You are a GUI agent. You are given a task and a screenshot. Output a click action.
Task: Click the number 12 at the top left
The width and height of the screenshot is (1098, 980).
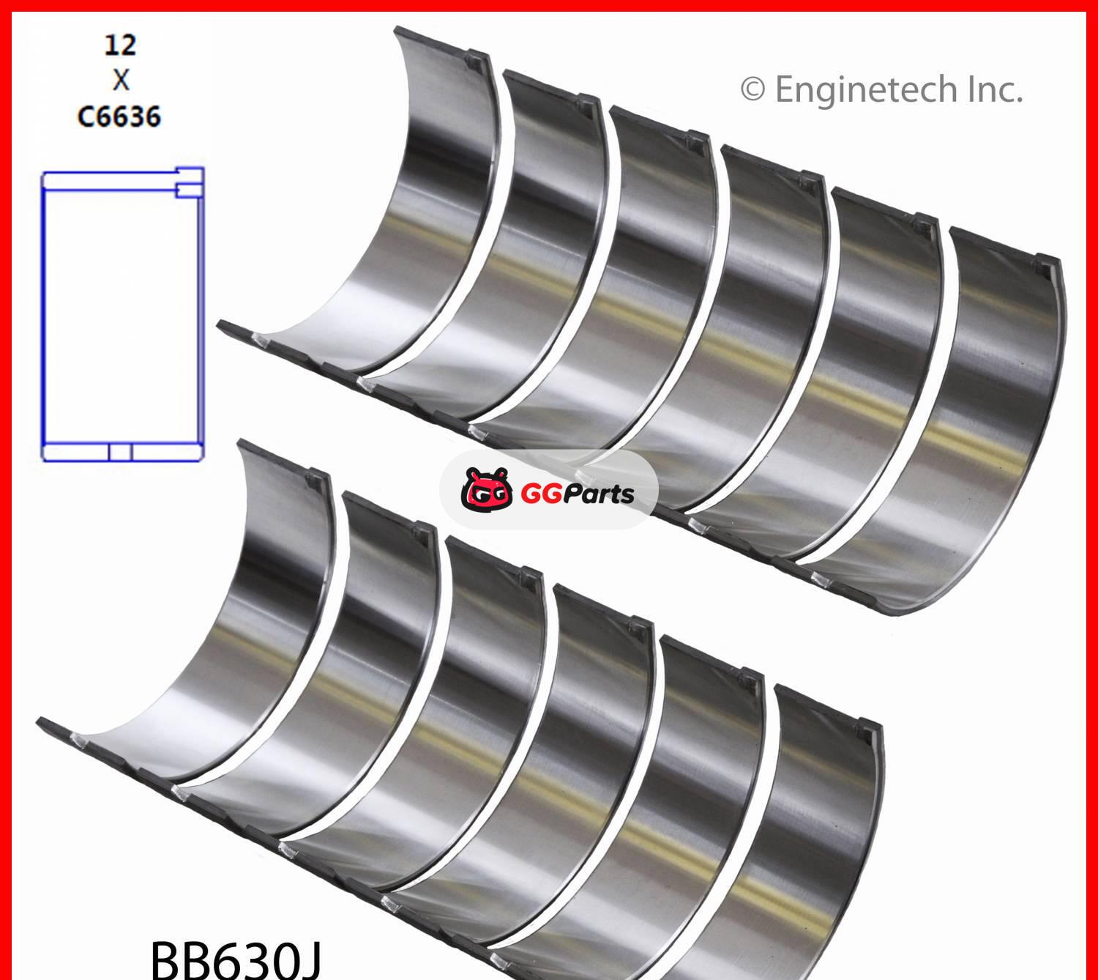[120, 45]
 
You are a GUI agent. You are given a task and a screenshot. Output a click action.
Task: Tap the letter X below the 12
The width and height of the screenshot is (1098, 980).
[121, 81]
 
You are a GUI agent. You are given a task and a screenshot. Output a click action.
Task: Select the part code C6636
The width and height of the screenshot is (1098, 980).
[119, 116]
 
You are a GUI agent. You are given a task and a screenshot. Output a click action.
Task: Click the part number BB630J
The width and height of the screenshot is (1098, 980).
[236, 960]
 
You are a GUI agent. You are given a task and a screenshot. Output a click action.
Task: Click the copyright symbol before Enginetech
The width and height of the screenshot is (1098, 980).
[752, 89]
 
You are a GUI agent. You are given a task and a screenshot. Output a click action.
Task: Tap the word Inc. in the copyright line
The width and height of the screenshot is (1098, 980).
[995, 89]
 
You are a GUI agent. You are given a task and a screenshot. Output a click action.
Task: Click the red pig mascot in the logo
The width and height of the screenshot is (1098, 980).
[486, 490]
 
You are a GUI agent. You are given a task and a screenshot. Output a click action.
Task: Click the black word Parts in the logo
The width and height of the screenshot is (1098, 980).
[598, 494]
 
